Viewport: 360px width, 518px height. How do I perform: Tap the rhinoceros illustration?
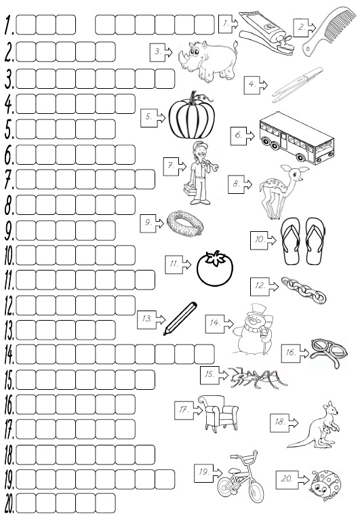click(x=208, y=60)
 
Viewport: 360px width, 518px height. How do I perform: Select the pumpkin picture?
click(x=192, y=116)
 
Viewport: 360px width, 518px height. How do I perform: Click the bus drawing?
click(x=296, y=138)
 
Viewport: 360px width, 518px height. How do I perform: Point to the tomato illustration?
click(x=215, y=268)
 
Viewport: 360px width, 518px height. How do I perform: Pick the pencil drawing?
click(x=180, y=318)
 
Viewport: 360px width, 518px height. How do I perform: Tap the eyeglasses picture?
click(x=329, y=352)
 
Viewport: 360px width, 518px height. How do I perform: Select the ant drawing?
click(x=258, y=377)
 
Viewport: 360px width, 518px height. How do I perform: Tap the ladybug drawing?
click(x=325, y=485)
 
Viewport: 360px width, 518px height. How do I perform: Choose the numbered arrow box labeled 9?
click(x=152, y=223)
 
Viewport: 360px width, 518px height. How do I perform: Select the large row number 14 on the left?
click(x=9, y=355)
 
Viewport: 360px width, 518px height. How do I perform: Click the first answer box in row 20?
click(x=26, y=503)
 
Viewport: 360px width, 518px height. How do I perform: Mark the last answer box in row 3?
click(x=165, y=79)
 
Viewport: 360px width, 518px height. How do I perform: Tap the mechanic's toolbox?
click(x=190, y=189)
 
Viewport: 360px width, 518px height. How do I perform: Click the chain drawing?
click(x=304, y=290)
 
